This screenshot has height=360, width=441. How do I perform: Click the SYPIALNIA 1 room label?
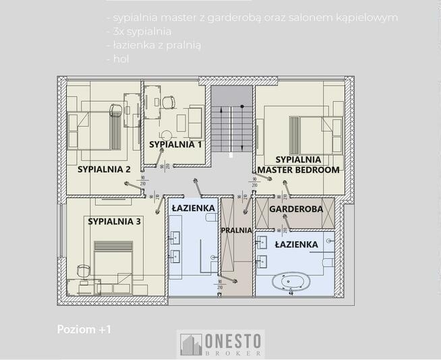(175, 144)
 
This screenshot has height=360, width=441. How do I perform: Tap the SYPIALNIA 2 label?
(103, 169)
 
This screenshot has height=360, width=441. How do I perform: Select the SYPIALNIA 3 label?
(114, 220)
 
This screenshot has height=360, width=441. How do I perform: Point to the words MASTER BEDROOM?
(298, 170)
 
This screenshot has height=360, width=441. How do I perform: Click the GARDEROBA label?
(296, 209)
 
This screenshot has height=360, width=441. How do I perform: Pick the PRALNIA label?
(236, 230)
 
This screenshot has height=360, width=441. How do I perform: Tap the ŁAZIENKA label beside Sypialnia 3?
(193, 208)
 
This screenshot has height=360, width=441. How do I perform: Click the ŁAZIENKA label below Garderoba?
(296, 244)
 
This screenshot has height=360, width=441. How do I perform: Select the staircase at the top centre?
(231, 121)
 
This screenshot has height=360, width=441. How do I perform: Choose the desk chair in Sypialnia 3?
(83, 270)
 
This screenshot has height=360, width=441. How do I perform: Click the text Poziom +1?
(84, 329)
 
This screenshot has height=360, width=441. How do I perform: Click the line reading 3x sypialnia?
(140, 31)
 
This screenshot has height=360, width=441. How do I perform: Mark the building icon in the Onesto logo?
(190, 344)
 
